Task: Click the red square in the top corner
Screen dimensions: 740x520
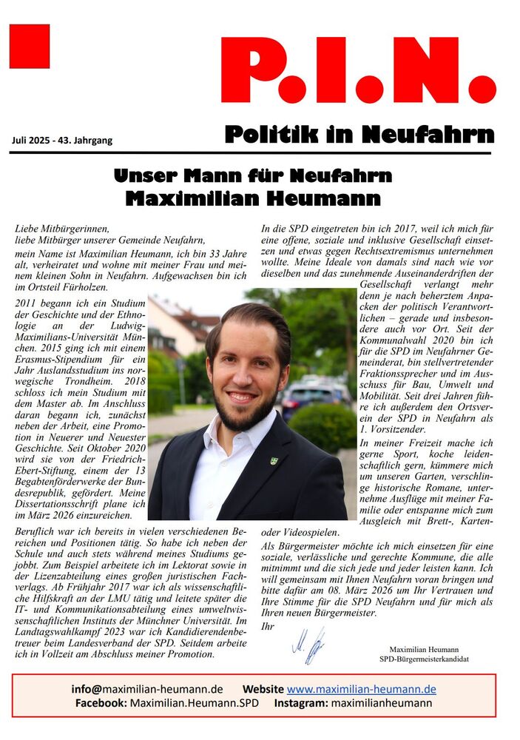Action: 30,46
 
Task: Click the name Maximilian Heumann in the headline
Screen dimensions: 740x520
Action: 253,198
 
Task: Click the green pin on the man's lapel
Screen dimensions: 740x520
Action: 274,460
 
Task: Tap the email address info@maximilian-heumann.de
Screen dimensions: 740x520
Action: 147,689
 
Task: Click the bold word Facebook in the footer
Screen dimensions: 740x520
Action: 100,703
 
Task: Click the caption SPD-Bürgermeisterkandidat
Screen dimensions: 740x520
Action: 424,659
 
